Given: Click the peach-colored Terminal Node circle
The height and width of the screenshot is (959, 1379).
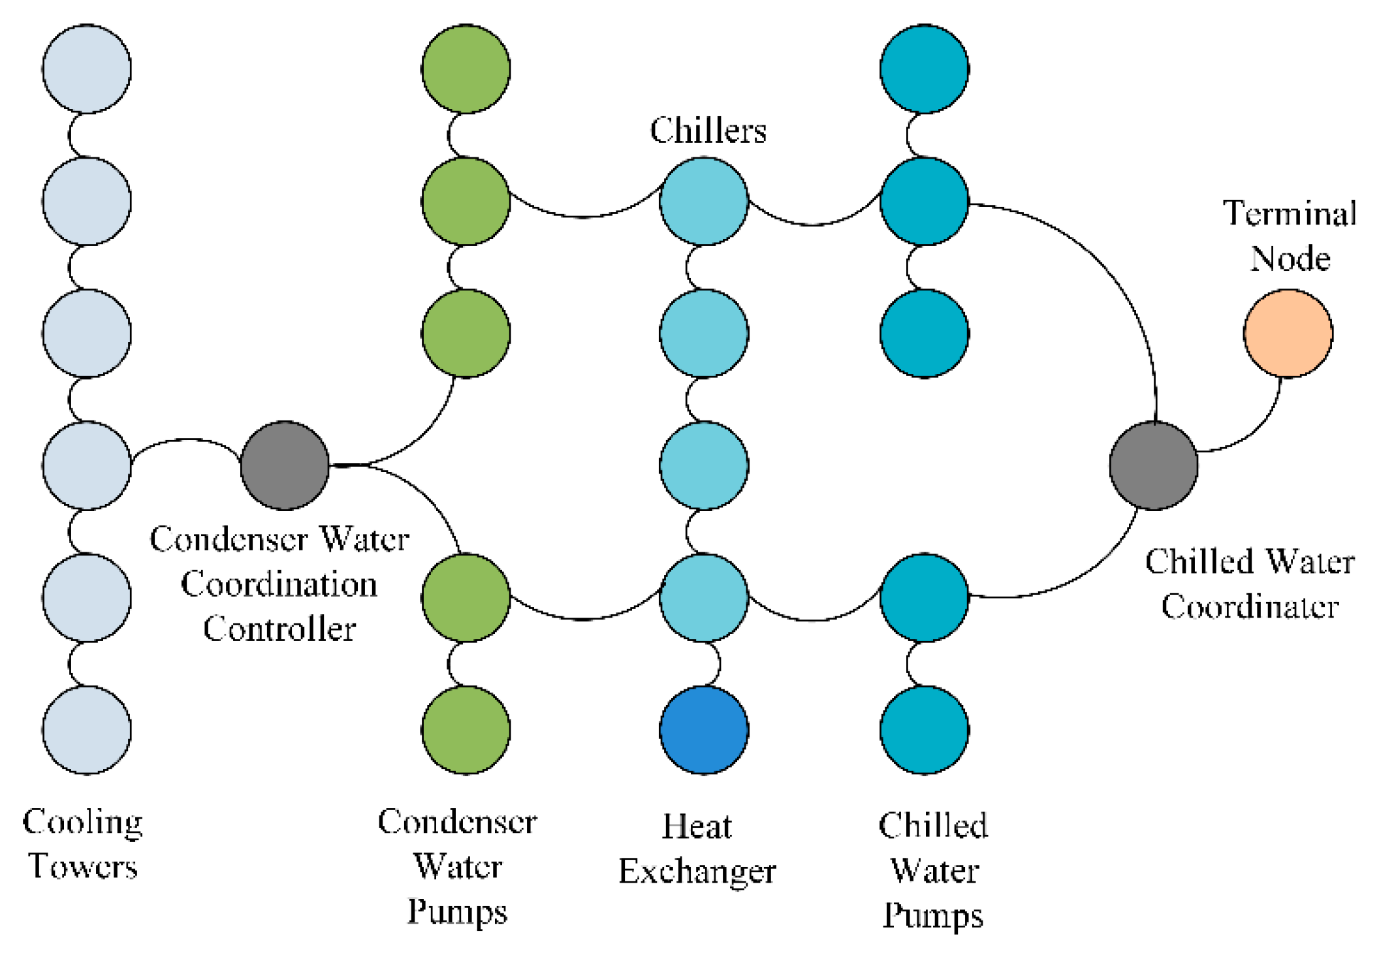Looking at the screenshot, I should pyautogui.click(x=1288, y=334).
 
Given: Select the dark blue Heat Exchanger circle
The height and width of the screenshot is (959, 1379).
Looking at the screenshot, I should pyautogui.click(x=704, y=730).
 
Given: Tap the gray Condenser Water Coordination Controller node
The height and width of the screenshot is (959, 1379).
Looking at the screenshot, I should pyautogui.click(x=285, y=465).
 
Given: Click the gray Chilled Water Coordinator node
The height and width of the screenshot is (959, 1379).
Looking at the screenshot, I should pyautogui.click(x=1154, y=465).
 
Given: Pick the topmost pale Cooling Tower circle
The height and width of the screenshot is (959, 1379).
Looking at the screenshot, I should pyautogui.click(x=87, y=69).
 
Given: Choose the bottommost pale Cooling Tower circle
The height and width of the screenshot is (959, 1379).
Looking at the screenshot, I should pyautogui.click(x=87, y=730).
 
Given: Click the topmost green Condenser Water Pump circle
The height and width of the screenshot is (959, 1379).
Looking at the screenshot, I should pyautogui.click(x=466, y=69).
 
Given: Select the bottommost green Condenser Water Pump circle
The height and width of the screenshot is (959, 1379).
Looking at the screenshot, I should pyautogui.click(x=466, y=730).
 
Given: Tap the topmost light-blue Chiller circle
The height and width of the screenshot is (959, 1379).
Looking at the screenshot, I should pyautogui.click(x=704, y=201).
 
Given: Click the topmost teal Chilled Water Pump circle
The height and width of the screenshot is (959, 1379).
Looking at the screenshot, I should pyautogui.click(x=925, y=69).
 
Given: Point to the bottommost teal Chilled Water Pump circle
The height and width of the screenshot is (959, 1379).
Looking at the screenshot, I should pyautogui.click(x=925, y=730).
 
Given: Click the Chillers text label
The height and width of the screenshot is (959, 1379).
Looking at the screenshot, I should pyautogui.click(x=708, y=131).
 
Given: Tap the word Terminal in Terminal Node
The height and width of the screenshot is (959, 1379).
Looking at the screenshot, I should pyautogui.click(x=1290, y=213).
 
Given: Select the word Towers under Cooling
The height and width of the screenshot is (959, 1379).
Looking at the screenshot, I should pyautogui.click(x=83, y=867).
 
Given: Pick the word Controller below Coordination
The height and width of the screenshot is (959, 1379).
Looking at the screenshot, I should pyautogui.click(x=279, y=629).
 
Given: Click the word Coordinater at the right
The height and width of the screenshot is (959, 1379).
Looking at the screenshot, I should pyautogui.click(x=1250, y=607).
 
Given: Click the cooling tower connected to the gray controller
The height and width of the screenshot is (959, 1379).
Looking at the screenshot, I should pyautogui.click(x=87, y=465).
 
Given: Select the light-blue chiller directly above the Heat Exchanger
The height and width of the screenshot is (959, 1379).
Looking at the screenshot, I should pyautogui.click(x=704, y=597).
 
